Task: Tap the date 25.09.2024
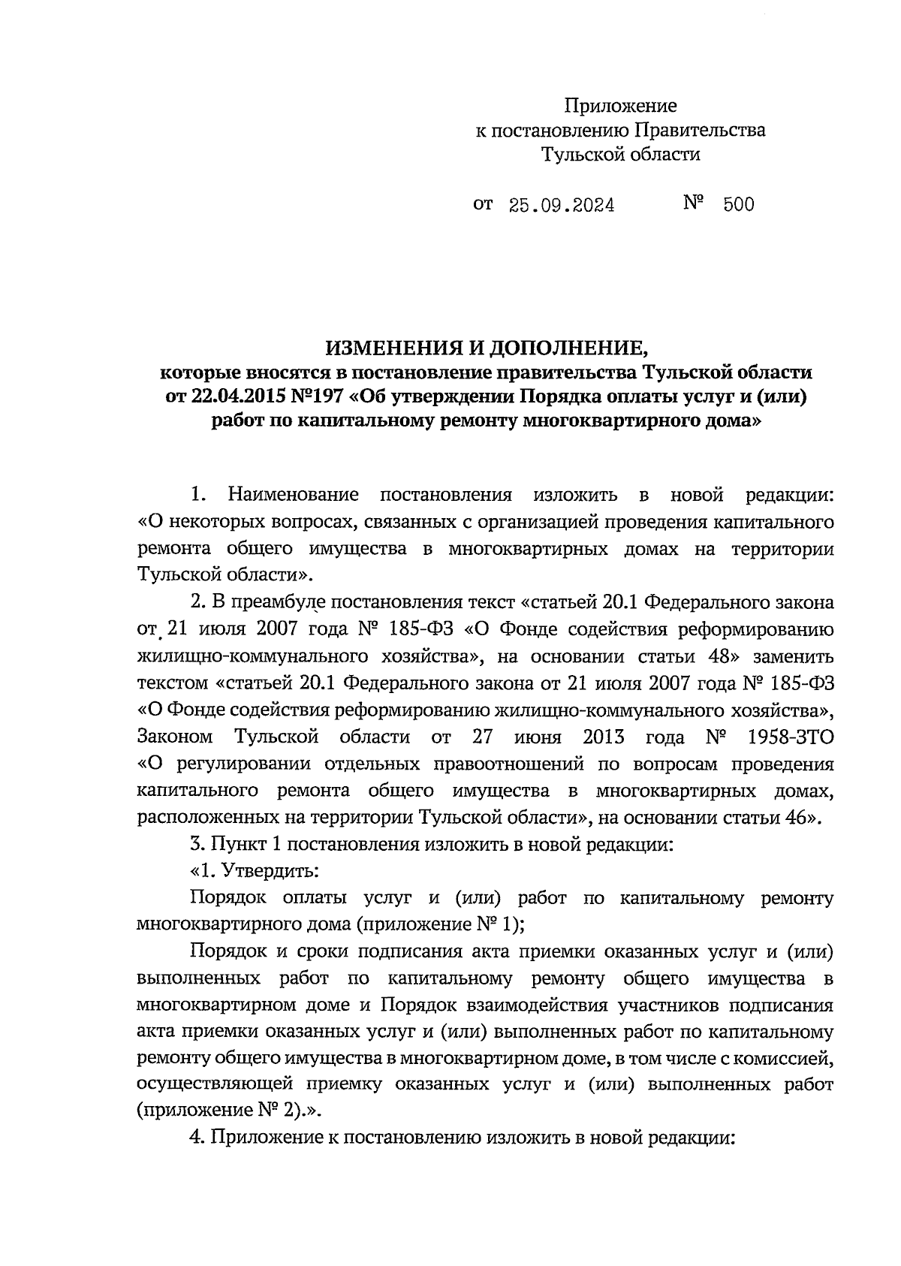[x=562, y=206]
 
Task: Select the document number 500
[x=739, y=205]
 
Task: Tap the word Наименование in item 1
[x=294, y=495]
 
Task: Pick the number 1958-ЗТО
[x=791, y=737]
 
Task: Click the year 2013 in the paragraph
[x=603, y=737]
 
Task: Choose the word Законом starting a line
[x=174, y=737]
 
